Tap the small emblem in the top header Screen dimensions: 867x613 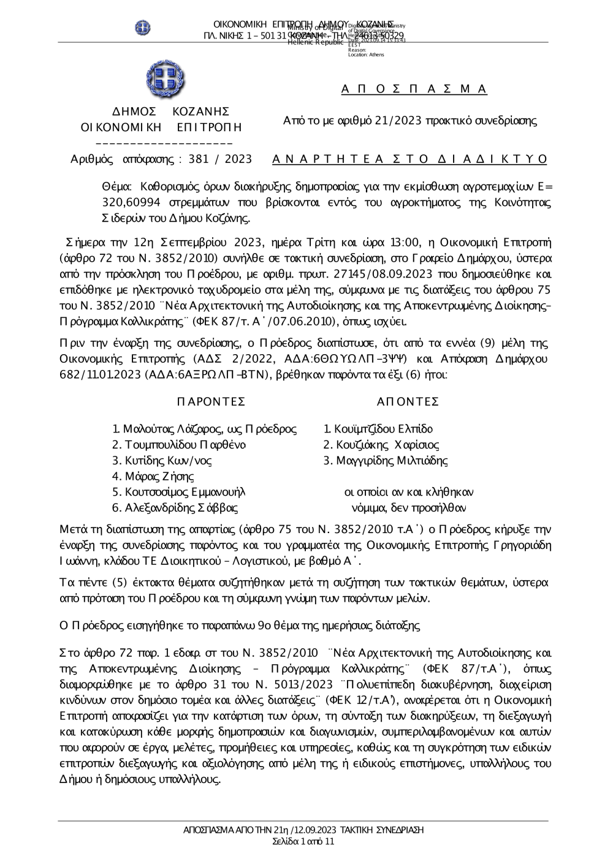143,28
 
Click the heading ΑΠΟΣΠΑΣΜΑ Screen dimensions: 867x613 414,89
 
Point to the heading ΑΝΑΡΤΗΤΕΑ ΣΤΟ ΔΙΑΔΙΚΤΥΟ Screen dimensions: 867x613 409,159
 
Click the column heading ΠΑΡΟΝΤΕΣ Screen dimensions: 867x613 211,401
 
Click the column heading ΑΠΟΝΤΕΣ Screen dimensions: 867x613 408,401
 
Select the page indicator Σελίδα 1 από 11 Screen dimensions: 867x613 303,841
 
